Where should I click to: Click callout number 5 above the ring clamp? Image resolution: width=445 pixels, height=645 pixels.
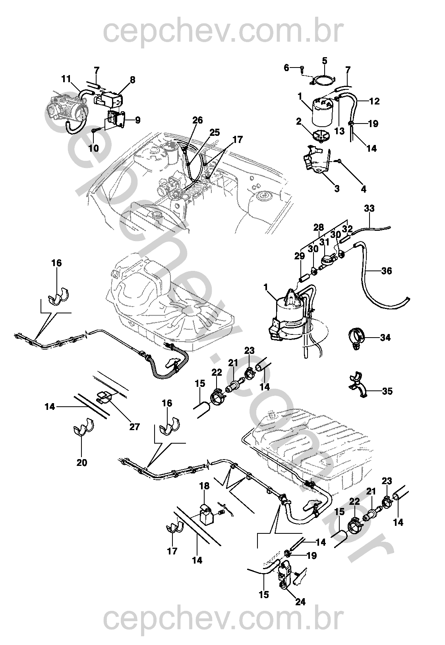click(325, 61)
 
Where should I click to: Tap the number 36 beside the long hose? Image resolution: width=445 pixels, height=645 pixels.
click(386, 271)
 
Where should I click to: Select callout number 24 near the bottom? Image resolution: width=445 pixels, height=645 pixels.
click(301, 602)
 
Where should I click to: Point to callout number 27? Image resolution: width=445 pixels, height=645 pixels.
click(135, 427)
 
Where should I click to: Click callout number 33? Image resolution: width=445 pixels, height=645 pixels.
click(369, 208)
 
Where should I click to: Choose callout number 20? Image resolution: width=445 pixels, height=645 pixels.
click(82, 462)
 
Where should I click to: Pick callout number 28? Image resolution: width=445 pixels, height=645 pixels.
click(318, 228)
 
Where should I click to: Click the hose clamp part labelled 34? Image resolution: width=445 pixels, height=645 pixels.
click(357, 338)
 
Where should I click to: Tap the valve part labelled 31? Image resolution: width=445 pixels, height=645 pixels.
click(328, 261)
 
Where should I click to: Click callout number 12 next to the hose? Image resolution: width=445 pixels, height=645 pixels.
click(374, 101)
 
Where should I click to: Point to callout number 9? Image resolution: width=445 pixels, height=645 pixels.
click(137, 120)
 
